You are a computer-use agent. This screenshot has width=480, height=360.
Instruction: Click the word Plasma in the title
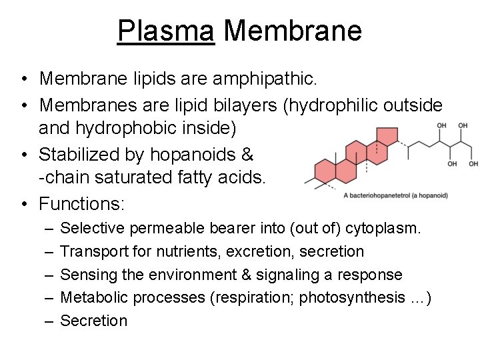coord(165,30)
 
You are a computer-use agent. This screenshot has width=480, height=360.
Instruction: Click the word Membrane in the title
coord(293,30)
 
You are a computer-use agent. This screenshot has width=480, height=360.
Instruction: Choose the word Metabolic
coord(94,297)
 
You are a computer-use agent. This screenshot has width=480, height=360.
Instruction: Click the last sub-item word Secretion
coord(93,321)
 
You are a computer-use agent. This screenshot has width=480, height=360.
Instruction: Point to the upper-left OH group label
coord(441,125)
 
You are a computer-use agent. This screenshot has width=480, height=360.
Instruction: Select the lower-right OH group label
coord(473,164)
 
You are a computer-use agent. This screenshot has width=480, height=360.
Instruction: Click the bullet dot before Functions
coord(23,203)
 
